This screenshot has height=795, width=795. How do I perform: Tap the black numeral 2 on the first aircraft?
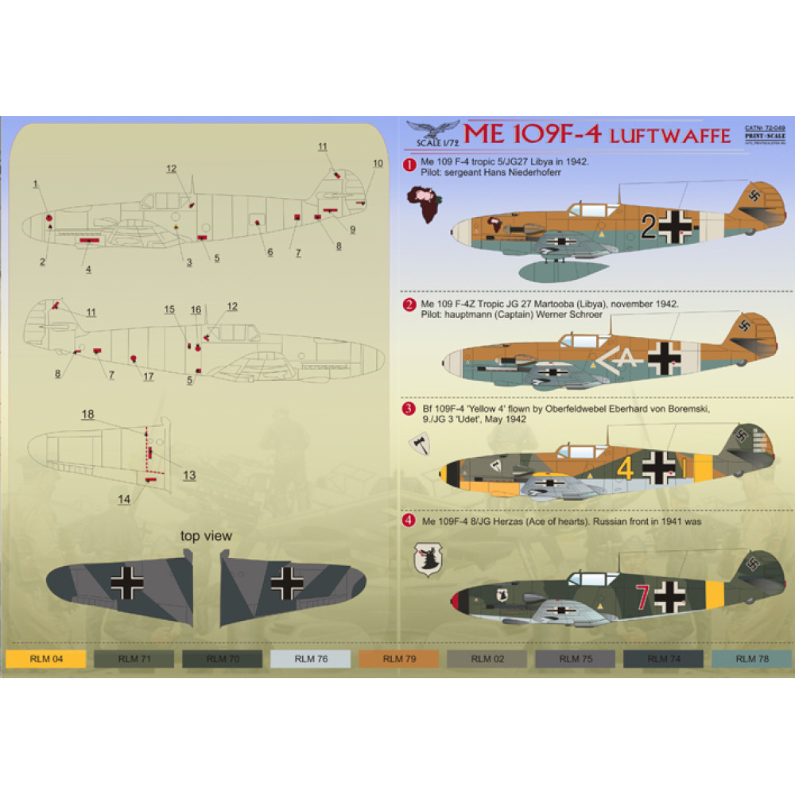[x=648, y=229]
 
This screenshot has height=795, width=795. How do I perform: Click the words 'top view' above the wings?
[x=206, y=536]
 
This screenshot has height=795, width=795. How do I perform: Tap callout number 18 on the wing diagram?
[x=87, y=414]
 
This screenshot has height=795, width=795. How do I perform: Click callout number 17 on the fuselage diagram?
[x=148, y=376]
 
